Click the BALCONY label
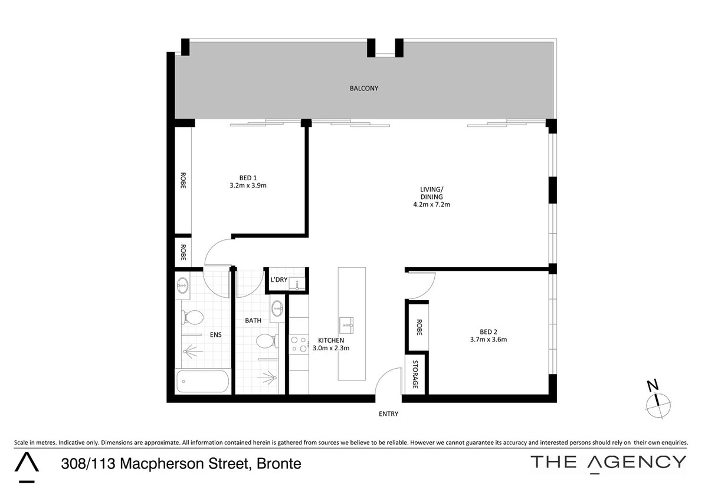pos(364,88)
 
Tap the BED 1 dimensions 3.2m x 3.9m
pos(248,186)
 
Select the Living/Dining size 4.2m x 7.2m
pos(431,204)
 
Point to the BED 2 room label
pos(489,332)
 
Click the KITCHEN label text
pos(331,340)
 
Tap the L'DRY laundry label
pos(278,280)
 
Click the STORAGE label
pos(415,375)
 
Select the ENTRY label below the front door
pos(388,414)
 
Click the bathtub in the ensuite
pos(202,382)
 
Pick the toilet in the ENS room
pos(192,317)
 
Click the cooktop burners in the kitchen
pos(299,344)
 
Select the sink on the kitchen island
pos(346,325)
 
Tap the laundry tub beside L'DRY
pos(297,284)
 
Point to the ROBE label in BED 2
pos(419,327)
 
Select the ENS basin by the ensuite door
pos(182,285)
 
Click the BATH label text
pos(253,321)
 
